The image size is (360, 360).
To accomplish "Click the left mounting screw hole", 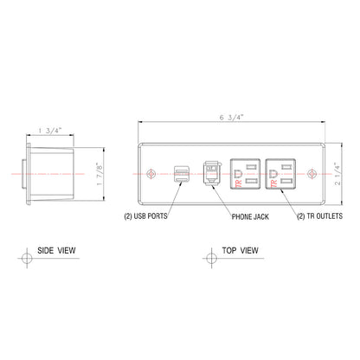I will point(153,174).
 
